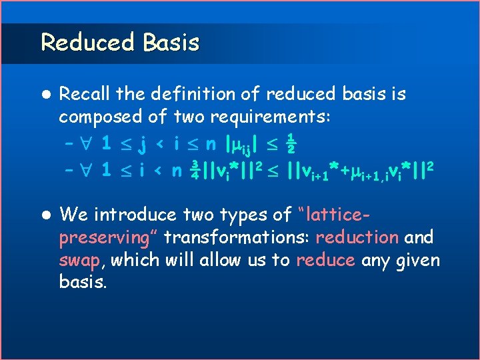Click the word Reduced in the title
85,42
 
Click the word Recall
84,94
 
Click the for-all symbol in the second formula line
85,169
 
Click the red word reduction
357,237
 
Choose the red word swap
81,260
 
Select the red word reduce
325,259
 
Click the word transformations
237,237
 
